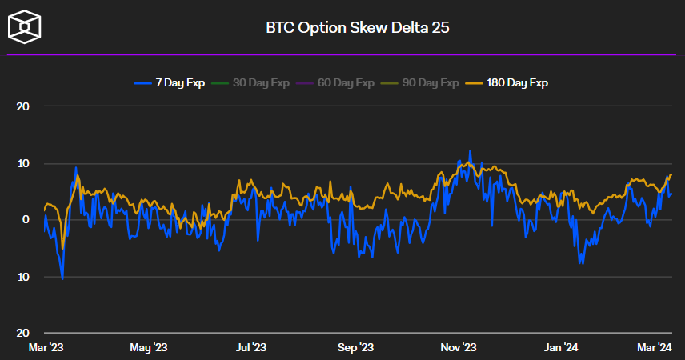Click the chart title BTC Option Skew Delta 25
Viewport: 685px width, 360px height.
point(358,28)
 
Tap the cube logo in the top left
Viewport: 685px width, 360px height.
point(25,26)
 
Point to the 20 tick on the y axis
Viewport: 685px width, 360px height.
point(23,106)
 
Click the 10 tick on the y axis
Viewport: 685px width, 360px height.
point(23,163)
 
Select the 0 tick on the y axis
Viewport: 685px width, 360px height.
point(26,220)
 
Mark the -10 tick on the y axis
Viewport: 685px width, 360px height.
point(22,277)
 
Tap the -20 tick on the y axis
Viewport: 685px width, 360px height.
point(22,333)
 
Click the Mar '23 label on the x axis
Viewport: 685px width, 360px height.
point(46,347)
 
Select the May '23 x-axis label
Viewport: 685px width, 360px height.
point(149,347)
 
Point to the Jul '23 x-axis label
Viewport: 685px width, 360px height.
point(252,347)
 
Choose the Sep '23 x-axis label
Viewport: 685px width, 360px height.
point(355,347)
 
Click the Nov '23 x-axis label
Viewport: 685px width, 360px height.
point(459,347)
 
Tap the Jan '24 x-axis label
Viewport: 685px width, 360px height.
point(562,347)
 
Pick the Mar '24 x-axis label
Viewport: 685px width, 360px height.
point(655,347)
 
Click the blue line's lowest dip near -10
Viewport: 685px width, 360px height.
point(62,278)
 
